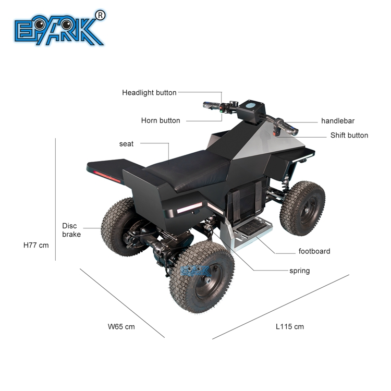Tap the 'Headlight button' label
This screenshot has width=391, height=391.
click(x=149, y=93)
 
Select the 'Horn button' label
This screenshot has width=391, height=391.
click(x=161, y=120)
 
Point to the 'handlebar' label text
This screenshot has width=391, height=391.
click(x=337, y=121)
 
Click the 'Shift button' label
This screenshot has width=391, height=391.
click(x=349, y=136)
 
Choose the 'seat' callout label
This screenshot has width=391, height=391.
click(x=126, y=144)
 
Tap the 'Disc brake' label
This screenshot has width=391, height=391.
click(x=71, y=230)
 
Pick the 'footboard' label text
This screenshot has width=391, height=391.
click(x=314, y=251)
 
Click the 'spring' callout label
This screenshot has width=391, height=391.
click(x=299, y=271)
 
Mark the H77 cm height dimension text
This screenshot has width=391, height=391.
click(x=36, y=245)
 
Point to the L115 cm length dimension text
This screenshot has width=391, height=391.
click(x=289, y=327)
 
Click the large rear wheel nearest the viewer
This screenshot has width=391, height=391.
click(x=201, y=277)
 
